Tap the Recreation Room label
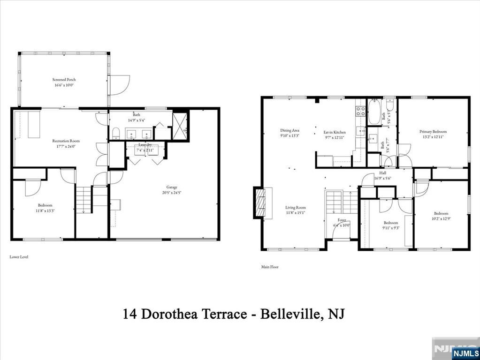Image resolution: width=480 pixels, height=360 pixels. point(65,141)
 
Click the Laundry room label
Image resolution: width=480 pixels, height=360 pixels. point(145,145)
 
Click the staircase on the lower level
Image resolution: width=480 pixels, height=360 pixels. point(84,199)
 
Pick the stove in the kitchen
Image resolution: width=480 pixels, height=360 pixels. point(360,111)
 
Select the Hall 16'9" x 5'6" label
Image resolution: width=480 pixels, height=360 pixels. point(382,176)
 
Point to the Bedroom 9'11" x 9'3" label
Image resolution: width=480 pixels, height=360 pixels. point(391,225)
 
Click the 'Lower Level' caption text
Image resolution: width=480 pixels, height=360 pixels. point(19,257)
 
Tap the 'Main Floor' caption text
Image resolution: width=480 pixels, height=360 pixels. point(270,267)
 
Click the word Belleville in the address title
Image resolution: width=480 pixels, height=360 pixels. point(292,314)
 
